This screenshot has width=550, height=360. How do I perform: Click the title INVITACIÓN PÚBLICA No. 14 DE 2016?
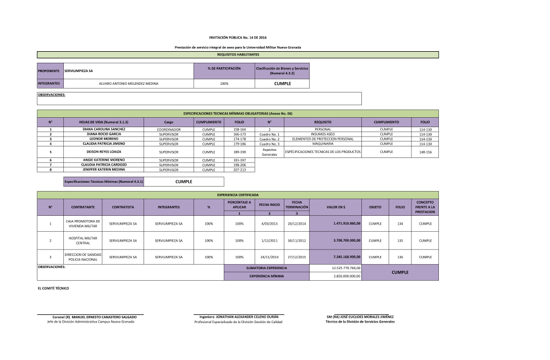pos(238,37)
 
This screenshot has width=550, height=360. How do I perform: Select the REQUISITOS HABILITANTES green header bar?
pos(238,54)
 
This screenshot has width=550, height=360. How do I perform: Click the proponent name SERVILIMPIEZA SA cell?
pos(128,71)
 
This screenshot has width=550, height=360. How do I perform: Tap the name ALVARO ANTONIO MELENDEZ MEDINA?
pos(128,84)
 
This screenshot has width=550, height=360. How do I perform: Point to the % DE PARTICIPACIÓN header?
pos(224,68)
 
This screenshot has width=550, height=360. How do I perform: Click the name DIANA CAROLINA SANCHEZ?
pos(104,129)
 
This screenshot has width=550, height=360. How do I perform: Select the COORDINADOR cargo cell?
pos(169,129)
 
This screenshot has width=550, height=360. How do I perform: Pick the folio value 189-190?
pos(240,151)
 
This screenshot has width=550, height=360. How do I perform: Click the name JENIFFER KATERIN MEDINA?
pos(104,170)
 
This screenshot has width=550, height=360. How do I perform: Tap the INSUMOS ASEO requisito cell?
pos(322,134)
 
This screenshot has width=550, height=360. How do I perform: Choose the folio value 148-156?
pos(425,151)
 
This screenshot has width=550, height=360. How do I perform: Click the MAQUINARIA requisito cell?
pos(322,144)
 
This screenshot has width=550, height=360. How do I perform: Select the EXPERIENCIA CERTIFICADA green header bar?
pos(238,195)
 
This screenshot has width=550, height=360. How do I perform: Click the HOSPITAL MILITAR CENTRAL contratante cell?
pos(83,241)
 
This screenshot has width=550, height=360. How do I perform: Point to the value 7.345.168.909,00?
pos(346,257)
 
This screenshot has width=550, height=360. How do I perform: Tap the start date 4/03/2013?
pos(269,223)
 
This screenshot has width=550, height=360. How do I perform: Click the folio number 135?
pos(400,241)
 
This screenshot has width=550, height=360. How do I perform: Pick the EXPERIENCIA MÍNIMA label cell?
pos(267,276)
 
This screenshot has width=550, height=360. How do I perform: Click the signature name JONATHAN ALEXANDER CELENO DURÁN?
pos(246,317)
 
